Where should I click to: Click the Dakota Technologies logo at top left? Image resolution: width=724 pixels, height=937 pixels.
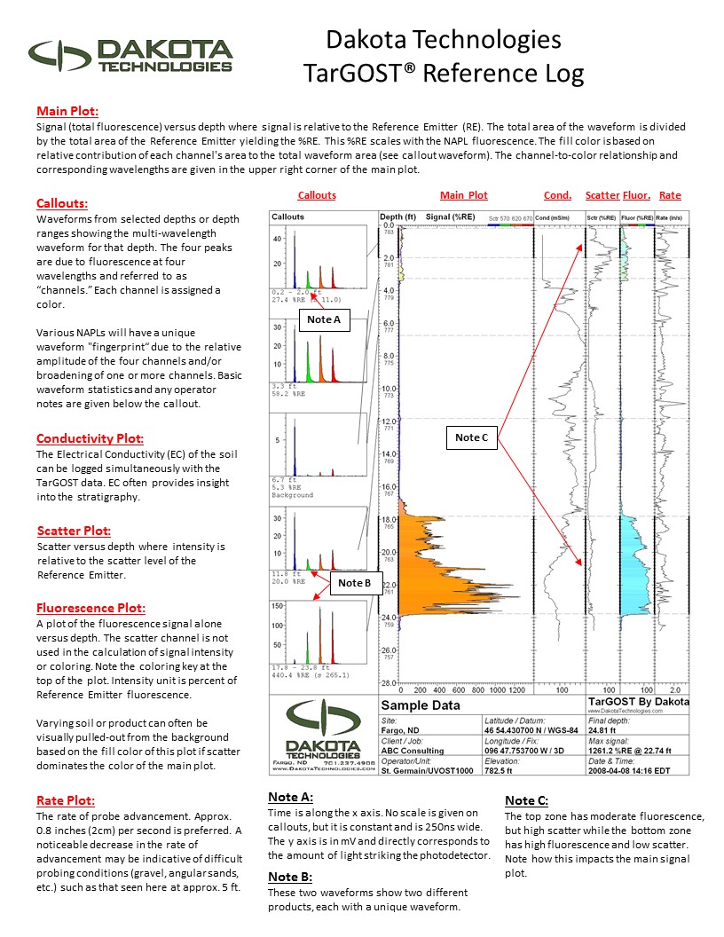point(130,56)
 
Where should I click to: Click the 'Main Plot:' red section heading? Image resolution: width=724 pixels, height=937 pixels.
point(67,112)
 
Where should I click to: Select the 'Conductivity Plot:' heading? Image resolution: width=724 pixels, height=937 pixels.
point(90,438)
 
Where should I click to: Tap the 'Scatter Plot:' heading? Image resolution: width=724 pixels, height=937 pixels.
point(74,531)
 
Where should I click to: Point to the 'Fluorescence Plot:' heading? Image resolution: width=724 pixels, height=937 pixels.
point(90,609)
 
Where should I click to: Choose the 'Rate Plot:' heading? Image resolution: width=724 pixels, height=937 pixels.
point(65,800)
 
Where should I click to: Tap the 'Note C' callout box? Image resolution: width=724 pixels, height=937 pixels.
point(472,437)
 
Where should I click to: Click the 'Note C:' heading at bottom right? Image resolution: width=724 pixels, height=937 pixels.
point(526,800)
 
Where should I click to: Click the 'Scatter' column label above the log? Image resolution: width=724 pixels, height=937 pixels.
point(602,195)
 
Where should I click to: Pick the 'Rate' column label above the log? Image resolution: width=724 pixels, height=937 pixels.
point(670,195)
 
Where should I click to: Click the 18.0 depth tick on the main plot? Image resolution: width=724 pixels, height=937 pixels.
point(389,519)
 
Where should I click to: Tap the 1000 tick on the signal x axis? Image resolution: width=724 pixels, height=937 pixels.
point(500,689)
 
